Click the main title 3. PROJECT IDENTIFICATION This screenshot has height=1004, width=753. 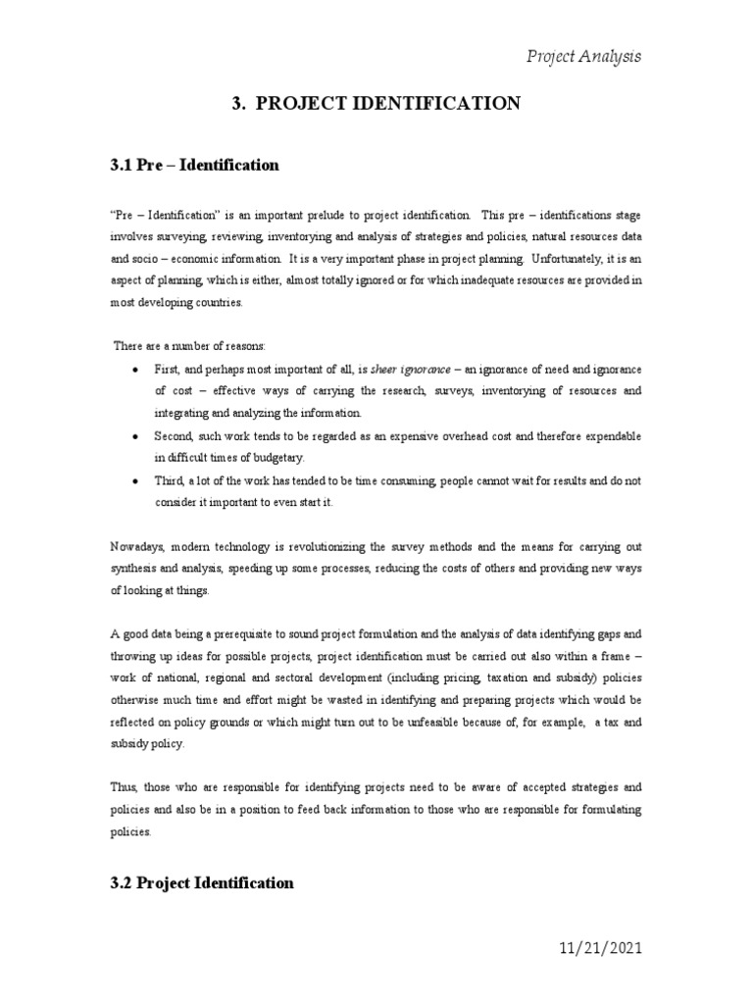coord(376,103)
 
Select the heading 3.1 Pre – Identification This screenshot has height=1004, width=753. coord(194,165)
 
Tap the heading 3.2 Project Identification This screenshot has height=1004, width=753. coord(202,882)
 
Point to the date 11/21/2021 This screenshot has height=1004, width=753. coord(586,949)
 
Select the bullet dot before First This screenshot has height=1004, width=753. coord(133,370)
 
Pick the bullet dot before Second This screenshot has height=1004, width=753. coord(133,434)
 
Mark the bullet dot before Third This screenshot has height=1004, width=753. coord(133,480)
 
